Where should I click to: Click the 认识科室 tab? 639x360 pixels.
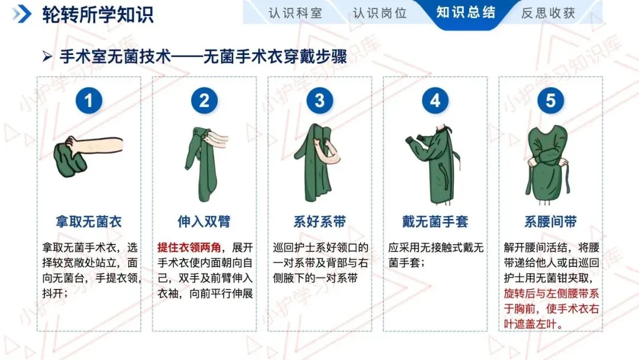coord(295,13)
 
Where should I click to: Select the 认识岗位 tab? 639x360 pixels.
coord(380,13)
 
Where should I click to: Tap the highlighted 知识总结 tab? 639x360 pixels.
coord(466,12)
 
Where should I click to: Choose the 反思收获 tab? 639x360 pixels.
coord(548,13)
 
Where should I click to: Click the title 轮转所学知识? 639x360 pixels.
coord(98,15)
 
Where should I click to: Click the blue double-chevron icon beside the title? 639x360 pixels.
coord(22,14)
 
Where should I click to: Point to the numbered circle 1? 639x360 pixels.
coord(89,101)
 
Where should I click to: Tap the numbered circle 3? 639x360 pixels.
coord(319,101)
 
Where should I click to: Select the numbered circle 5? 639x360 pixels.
coord(551,101)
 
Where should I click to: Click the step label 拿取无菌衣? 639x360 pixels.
coord(89,222)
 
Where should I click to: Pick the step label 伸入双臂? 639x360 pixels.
coord(204,222)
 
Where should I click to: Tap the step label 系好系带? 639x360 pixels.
coord(319,222)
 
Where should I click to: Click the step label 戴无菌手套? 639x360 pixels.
coord(435,222)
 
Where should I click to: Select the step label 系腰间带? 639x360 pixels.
coord(551,222)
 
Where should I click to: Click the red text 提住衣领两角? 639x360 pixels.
coord(189,247)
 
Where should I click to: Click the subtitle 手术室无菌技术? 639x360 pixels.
coord(115,57)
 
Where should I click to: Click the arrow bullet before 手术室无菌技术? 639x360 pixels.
coord(47,57)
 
